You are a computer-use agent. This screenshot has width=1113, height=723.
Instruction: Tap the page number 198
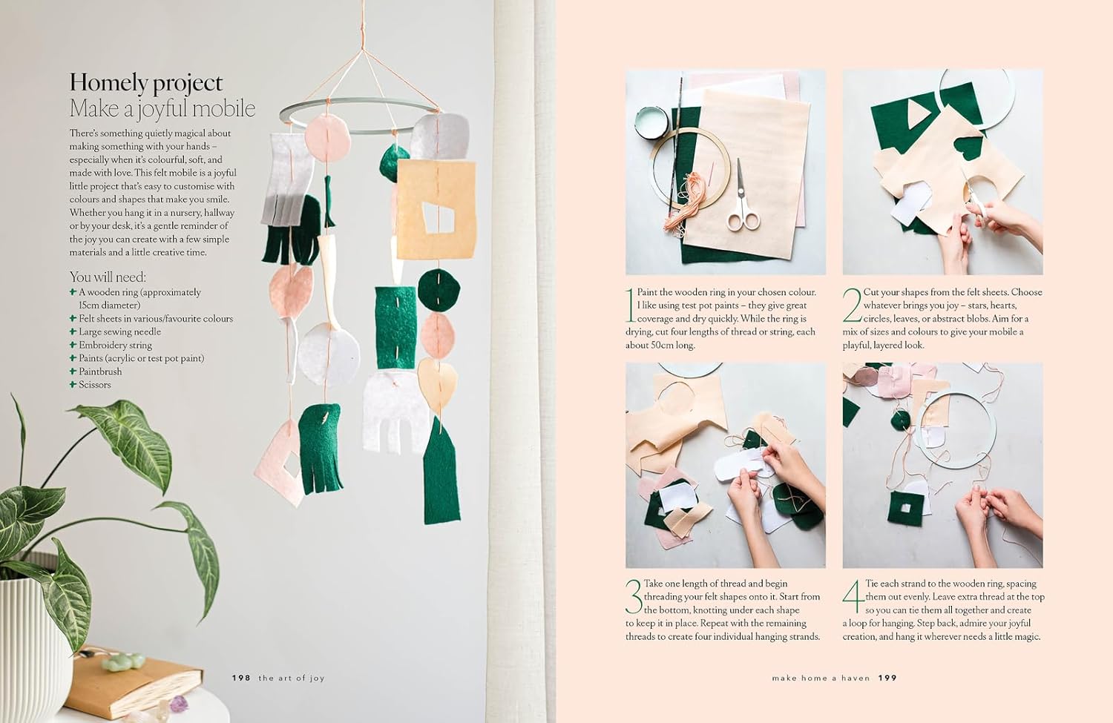pyautogui.click(x=241, y=678)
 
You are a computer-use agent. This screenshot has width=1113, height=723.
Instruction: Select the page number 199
pyautogui.click(x=887, y=678)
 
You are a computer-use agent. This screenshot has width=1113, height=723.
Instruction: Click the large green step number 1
pyautogui.click(x=630, y=304)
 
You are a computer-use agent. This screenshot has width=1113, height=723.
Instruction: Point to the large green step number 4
pyautogui.click(x=853, y=597)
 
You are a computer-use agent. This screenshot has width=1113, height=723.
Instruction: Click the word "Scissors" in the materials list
pyautogui.click(x=95, y=385)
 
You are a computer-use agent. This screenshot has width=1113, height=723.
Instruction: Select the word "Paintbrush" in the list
pyautogui.click(x=100, y=372)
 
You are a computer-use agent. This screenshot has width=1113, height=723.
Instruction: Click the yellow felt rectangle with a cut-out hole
pyautogui.click(x=436, y=210)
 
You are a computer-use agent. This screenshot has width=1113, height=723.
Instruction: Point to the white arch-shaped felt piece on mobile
pyautogui.click(x=395, y=412)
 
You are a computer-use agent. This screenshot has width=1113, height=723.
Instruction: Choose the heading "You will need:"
pyautogui.click(x=108, y=277)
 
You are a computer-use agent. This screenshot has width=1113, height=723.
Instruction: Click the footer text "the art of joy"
pyautogui.click(x=292, y=678)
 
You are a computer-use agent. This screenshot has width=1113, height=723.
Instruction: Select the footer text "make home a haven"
pyautogui.click(x=821, y=678)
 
